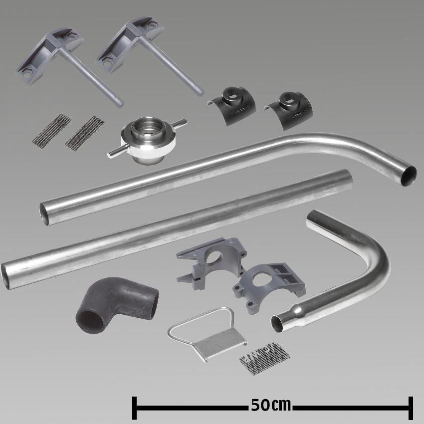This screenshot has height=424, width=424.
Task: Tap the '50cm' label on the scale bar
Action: click(x=271, y=405)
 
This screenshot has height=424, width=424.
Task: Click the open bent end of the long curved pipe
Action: click(x=409, y=176)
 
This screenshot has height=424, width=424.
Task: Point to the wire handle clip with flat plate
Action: click(x=208, y=334)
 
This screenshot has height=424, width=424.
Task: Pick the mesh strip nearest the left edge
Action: click(x=52, y=130)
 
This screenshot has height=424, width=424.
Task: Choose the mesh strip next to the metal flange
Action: click(x=85, y=133)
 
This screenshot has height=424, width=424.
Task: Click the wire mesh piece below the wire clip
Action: click(x=265, y=359)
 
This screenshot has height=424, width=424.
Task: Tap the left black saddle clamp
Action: click(x=232, y=105)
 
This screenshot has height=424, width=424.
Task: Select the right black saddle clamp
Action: click(x=288, y=110)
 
